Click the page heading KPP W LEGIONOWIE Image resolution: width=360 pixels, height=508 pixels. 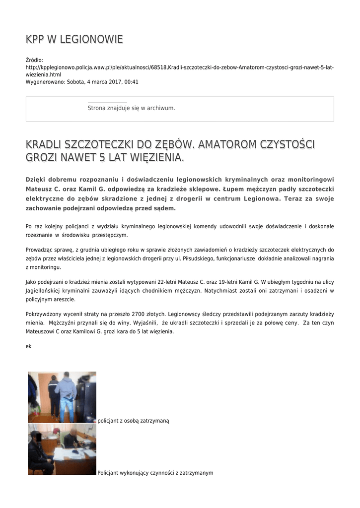point(74,39)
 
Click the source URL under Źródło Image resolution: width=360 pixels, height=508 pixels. point(179,70)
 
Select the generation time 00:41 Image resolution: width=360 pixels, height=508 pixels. point(132,82)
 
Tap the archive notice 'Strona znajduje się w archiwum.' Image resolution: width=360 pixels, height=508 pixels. point(131,108)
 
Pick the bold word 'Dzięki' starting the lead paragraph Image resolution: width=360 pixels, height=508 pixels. point(36,179)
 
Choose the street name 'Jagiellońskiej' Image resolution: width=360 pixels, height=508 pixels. point(46,291)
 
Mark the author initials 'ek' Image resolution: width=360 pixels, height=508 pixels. point(28,346)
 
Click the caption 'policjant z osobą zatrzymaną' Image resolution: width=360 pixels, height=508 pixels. point(133,421)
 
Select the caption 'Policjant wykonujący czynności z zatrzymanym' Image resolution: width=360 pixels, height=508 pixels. point(155,473)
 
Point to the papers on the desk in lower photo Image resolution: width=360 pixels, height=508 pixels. point(70,454)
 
